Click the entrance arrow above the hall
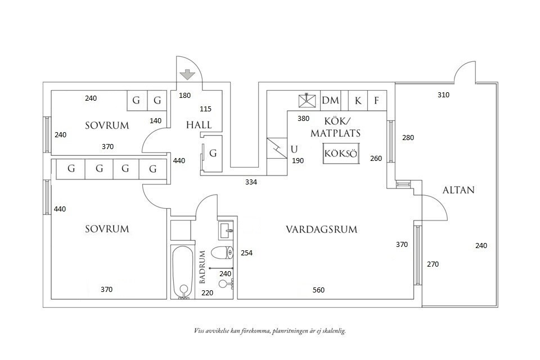point(187,75)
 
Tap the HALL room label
point(199,125)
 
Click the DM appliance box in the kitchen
point(331,101)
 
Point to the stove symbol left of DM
point(307,101)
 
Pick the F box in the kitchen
point(376,101)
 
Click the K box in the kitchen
point(358,101)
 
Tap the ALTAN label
point(458,190)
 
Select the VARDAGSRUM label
point(321,229)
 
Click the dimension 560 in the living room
point(319,290)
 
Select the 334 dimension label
point(251,182)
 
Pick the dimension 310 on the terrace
point(443,95)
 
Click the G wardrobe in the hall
point(212,153)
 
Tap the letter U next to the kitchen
point(294,149)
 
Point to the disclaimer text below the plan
point(269,331)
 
